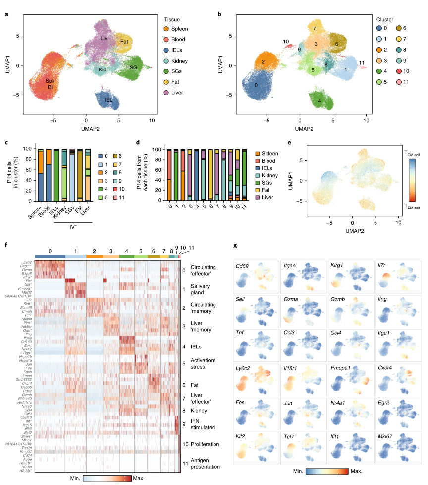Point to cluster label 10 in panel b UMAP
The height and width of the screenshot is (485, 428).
point(286,42)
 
